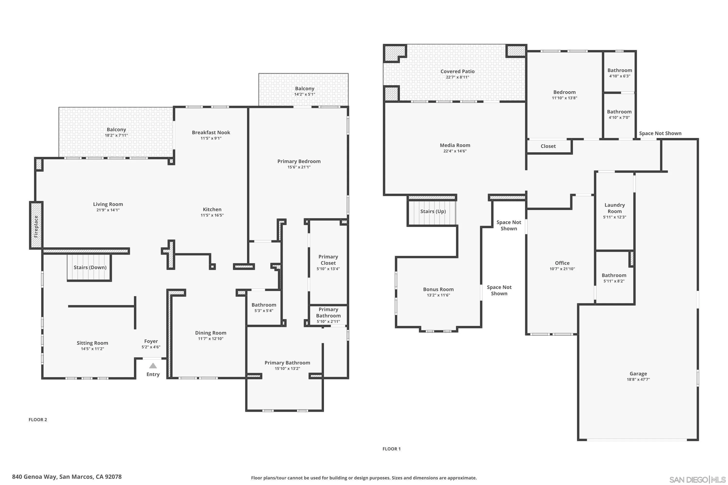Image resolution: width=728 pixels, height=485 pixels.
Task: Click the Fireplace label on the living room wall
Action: (36, 226)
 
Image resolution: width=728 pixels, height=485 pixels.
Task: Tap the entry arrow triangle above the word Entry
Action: (153, 366)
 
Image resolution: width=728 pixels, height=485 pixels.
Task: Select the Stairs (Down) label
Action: (90, 267)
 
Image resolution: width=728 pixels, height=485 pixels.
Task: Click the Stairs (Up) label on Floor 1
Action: (433, 211)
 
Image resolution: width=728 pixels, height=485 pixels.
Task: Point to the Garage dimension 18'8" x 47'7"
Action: (638, 380)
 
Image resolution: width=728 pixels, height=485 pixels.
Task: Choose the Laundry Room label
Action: (614, 208)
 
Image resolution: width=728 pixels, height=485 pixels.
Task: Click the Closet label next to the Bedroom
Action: (548, 146)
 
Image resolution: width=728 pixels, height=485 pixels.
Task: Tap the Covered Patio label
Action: (457, 72)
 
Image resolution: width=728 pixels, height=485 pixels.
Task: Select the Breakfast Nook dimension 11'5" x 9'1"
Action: (211, 138)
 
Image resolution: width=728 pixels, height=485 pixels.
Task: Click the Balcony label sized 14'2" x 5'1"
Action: (305, 89)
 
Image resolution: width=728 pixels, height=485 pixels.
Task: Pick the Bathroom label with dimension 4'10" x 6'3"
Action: (619, 71)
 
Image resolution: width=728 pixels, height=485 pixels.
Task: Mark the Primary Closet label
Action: (328, 260)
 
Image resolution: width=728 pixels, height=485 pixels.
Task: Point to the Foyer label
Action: (151, 341)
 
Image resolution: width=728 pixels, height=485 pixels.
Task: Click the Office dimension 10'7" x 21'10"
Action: (562, 269)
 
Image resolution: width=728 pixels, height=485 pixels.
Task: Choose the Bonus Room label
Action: (438, 290)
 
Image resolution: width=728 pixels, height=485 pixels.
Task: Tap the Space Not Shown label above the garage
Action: (660, 133)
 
